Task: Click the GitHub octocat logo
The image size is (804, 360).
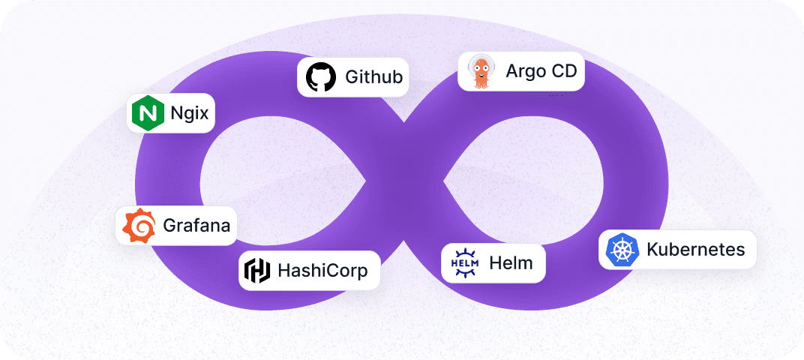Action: point(321,76)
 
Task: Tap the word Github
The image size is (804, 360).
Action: point(373,76)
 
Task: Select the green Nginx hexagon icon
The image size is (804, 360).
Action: point(147,113)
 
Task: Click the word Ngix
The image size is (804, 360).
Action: point(189,114)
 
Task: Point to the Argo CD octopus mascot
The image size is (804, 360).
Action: point(480,71)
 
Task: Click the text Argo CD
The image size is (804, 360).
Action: point(541,71)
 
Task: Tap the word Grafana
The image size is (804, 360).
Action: point(196,226)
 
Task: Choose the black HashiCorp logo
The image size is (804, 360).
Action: point(257,270)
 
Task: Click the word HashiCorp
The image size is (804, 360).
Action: point(322,270)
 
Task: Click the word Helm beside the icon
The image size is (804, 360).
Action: point(511,262)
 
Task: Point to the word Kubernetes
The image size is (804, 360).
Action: point(695,249)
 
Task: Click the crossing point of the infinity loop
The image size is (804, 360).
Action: point(404,181)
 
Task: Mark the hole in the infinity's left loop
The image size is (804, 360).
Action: point(281,180)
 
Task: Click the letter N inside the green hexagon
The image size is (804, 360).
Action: point(147,113)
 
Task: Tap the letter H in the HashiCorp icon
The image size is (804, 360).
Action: point(257,270)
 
